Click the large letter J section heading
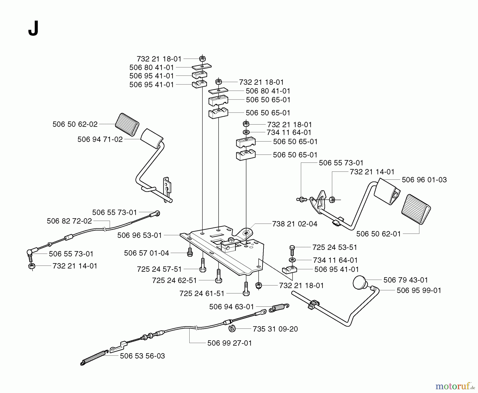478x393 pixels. point(33,28)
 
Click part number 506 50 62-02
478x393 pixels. point(75,124)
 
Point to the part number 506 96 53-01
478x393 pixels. point(139,235)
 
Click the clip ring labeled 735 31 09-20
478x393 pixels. point(232,329)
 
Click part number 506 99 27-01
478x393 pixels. point(229,343)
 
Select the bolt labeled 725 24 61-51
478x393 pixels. point(246,289)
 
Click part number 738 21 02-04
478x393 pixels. point(295,224)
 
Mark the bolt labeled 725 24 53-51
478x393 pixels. point(292,250)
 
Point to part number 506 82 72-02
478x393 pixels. point(69,221)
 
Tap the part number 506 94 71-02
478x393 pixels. point(100,139)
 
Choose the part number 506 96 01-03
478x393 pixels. point(424,180)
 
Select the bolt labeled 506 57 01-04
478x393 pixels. point(190,252)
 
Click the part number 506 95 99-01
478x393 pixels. point(419,291)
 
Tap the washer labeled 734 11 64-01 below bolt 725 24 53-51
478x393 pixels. point(292,260)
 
